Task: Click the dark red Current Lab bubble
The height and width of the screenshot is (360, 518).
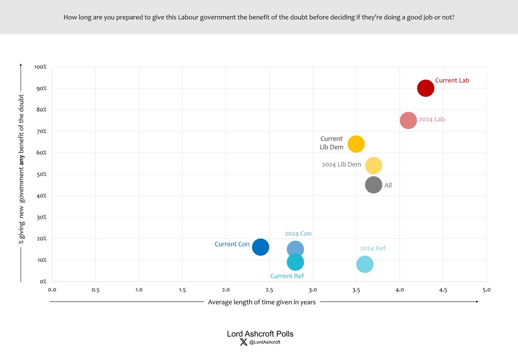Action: point(425,88)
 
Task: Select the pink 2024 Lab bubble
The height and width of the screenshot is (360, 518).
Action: point(408,120)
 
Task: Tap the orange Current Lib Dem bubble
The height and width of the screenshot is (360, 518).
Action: point(356,144)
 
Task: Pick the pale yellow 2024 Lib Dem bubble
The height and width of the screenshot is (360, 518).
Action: point(373,165)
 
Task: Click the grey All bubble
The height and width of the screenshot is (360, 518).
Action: point(373,185)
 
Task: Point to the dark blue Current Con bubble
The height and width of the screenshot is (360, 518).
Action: point(261,247)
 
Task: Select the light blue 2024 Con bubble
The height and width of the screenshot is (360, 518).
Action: point(295,249)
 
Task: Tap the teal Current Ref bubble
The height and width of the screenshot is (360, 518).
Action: point(295,262)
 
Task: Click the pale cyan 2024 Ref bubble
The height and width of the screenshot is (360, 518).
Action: point(365,264)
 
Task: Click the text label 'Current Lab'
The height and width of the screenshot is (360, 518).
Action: point(452,80)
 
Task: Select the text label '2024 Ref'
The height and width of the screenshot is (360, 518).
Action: point(373,248)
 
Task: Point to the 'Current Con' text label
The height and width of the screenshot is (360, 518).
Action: point(232,244)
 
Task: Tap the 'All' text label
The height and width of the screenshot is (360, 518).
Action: point(388,186)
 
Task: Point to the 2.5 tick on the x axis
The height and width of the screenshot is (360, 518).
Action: point(269,290)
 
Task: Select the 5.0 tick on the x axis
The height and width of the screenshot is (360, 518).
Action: point(486,290)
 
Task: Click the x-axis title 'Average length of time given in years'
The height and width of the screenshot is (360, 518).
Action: point(262,302)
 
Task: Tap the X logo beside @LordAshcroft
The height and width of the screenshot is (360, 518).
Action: point(243,342)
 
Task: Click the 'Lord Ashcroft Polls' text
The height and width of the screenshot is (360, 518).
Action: point(260,334)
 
